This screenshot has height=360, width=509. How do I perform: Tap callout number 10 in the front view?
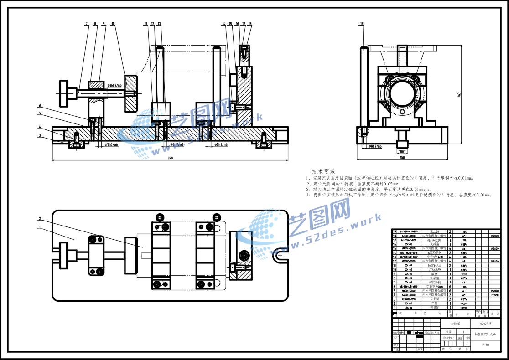(x=113, y=23)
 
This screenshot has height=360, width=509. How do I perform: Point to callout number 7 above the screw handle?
(x=86, y=23)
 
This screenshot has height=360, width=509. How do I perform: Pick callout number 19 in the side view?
(x=362, y=23)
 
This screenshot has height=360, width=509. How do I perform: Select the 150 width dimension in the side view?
(x=402, y=157)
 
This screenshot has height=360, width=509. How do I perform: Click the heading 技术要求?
(x=323, y=171)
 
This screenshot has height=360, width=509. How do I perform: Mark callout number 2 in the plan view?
(x=40, y=218)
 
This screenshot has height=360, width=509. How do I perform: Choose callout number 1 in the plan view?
(x=40, y=226)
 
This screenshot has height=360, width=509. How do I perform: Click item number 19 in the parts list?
(x=395, y=231)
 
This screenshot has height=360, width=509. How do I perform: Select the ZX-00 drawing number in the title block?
(x=485, y=345)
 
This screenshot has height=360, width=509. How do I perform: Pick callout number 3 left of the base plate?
(x=40, y=135)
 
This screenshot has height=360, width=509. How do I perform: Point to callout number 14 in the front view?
(x=224, y=23)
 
